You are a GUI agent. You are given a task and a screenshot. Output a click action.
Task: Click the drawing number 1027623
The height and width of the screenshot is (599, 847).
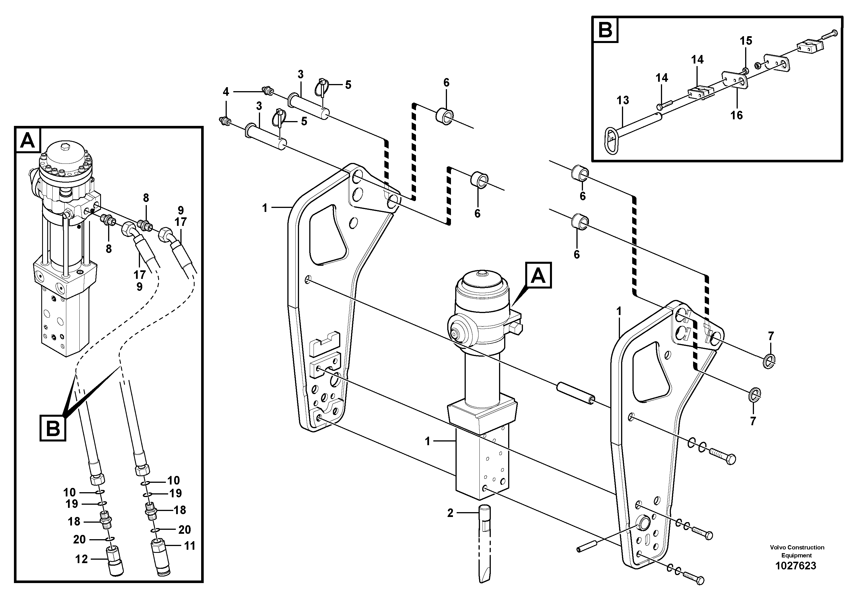click(x=796, y=566)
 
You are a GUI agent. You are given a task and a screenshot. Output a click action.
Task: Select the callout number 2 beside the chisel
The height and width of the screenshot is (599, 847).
click(x=450, y=513)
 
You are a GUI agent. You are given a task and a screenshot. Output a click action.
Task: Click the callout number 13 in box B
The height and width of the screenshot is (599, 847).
click(x=623, y=100)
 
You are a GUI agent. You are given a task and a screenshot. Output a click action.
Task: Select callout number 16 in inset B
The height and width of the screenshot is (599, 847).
click(x=736, y=115)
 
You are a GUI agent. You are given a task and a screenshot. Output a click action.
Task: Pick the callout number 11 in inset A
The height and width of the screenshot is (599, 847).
click(x=189, y=546)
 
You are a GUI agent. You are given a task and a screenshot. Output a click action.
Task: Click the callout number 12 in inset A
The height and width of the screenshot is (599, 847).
click(x=82, y=559)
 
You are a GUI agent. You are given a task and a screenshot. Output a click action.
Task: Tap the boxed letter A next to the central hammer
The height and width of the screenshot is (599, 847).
click(x=538, y=275)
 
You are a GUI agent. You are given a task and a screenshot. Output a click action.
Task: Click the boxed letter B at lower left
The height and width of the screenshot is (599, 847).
click(x=53, y=428)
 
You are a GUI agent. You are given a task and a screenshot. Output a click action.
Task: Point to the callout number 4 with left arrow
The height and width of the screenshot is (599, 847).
click(x=226, y=92)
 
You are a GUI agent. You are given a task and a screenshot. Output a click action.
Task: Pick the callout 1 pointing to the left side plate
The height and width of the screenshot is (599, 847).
click(x=265, y=208)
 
